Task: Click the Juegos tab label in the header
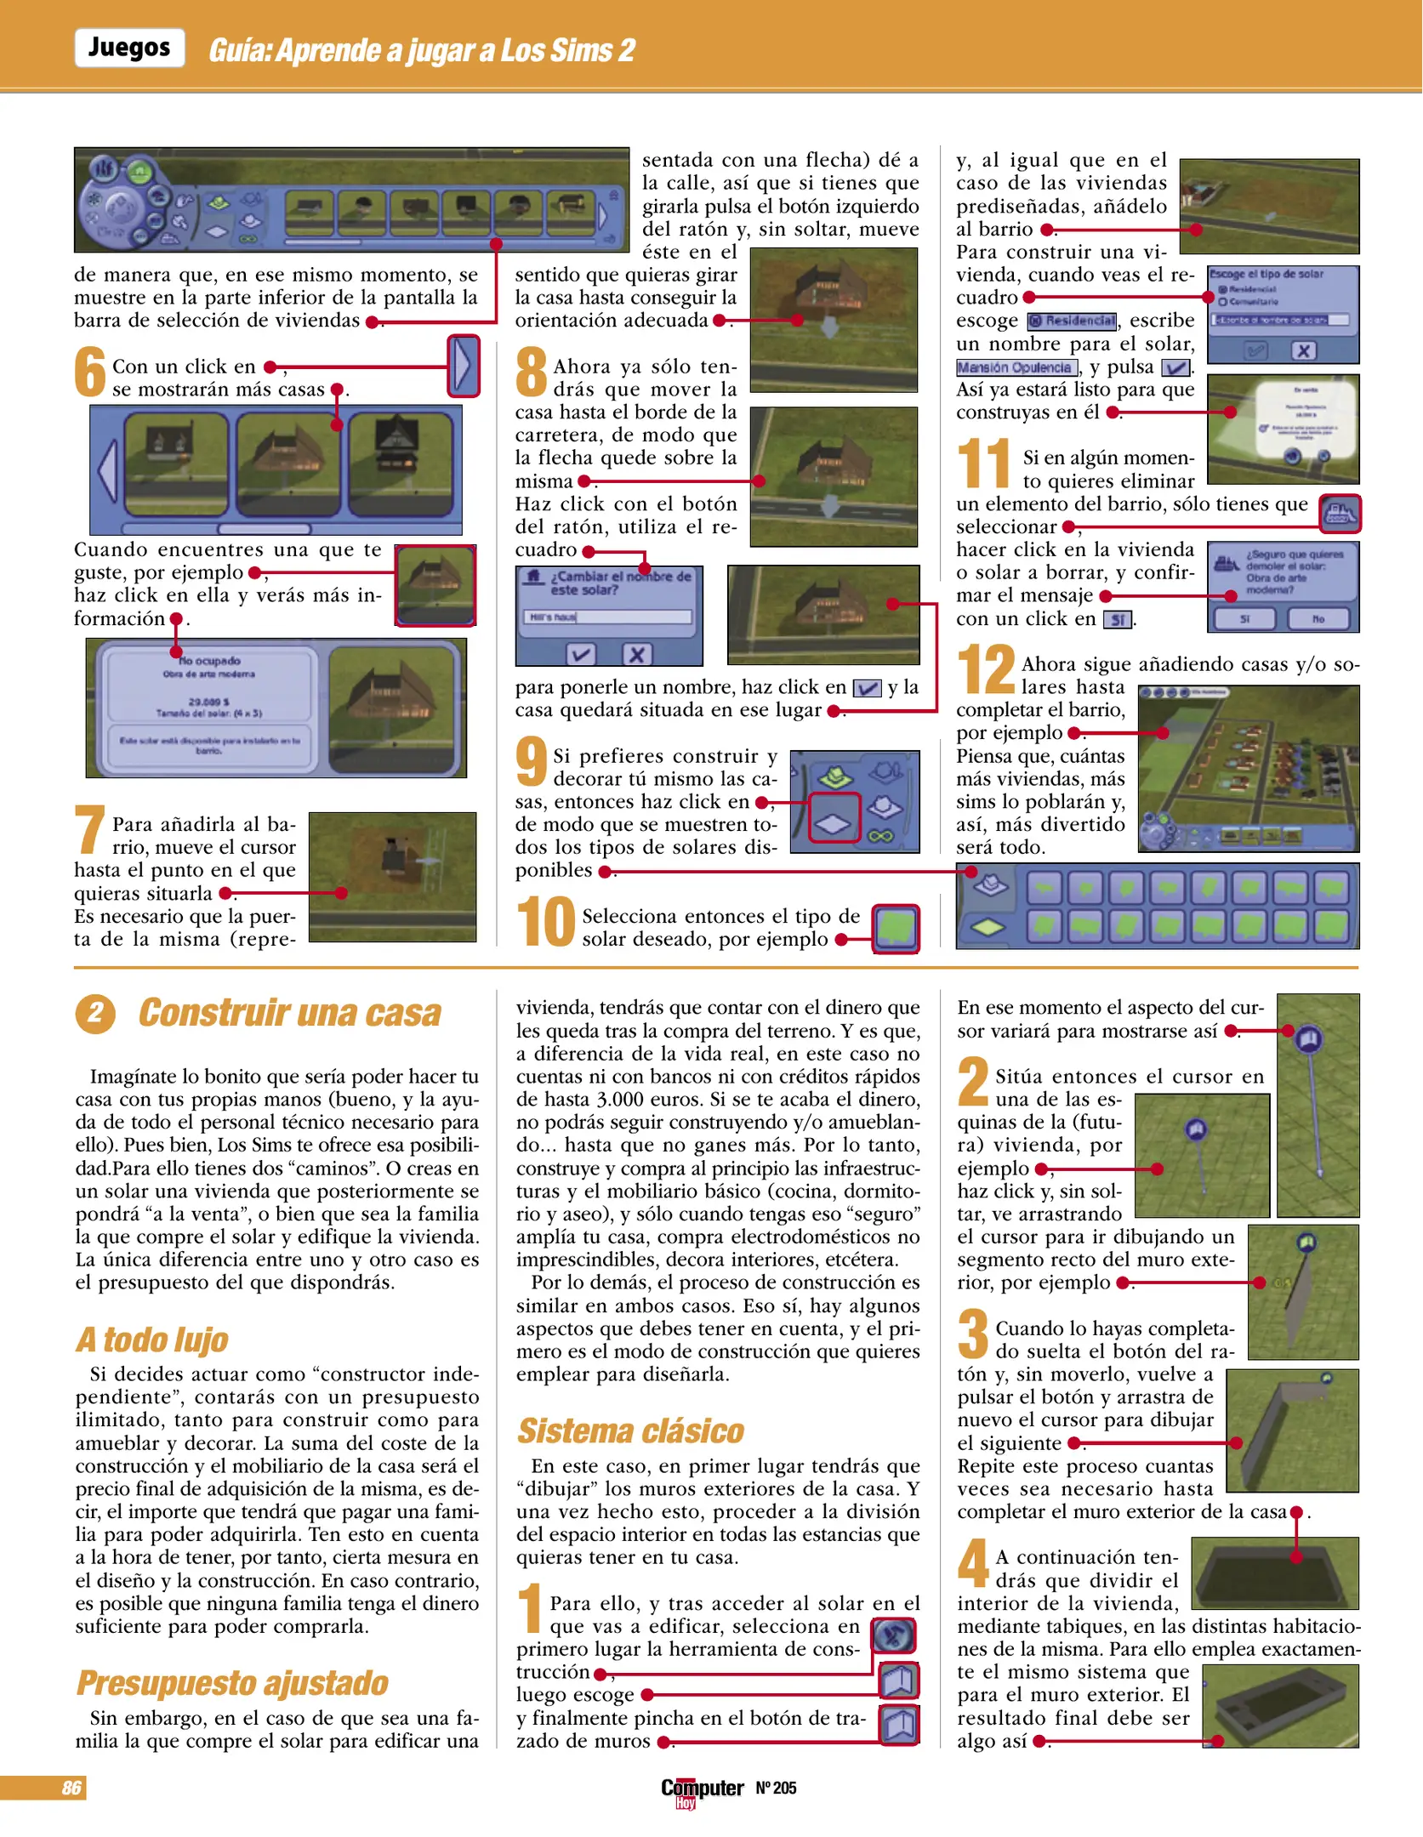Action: tap(129, 48)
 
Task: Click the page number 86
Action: tap(71, 1787)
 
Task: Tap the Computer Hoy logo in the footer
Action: tap(702, 1789)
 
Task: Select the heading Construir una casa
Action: tap(289, 1013)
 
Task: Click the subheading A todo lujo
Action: tap(152, 1339)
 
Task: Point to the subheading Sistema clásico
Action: tap(630, 1430)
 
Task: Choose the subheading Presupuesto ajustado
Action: tap(232, 1683)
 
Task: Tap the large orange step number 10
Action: tap(546, 922)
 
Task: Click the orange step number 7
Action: tap(89, 830)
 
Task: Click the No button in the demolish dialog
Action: tap(1318, 618)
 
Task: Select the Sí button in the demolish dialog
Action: tap(1244, 618)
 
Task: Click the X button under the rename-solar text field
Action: tap(636, 653)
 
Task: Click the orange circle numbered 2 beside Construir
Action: tap(95, 1013)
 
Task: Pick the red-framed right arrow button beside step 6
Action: tap(464, 367)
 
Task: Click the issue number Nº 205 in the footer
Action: tap(776, 1787)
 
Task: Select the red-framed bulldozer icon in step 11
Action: tap(1340, 513)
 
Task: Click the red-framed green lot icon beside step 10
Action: tap(896, 928)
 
